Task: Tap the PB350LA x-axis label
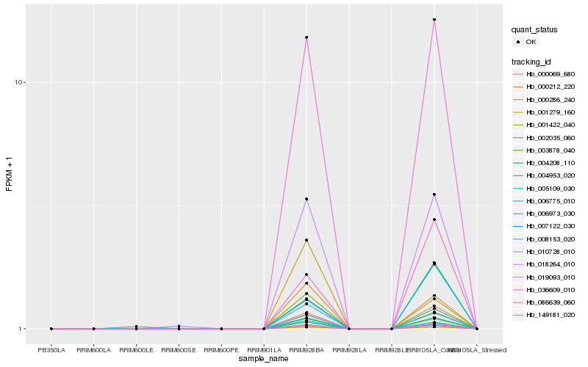point(51,350)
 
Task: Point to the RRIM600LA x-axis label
point(93,350)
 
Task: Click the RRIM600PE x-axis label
point(221,350)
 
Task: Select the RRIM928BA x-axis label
point(306,350)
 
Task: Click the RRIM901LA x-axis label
point(264,350)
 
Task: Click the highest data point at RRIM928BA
point(306,37)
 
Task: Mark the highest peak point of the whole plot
point(434,20)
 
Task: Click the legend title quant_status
point(534,29)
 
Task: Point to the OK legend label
point(531,42)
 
